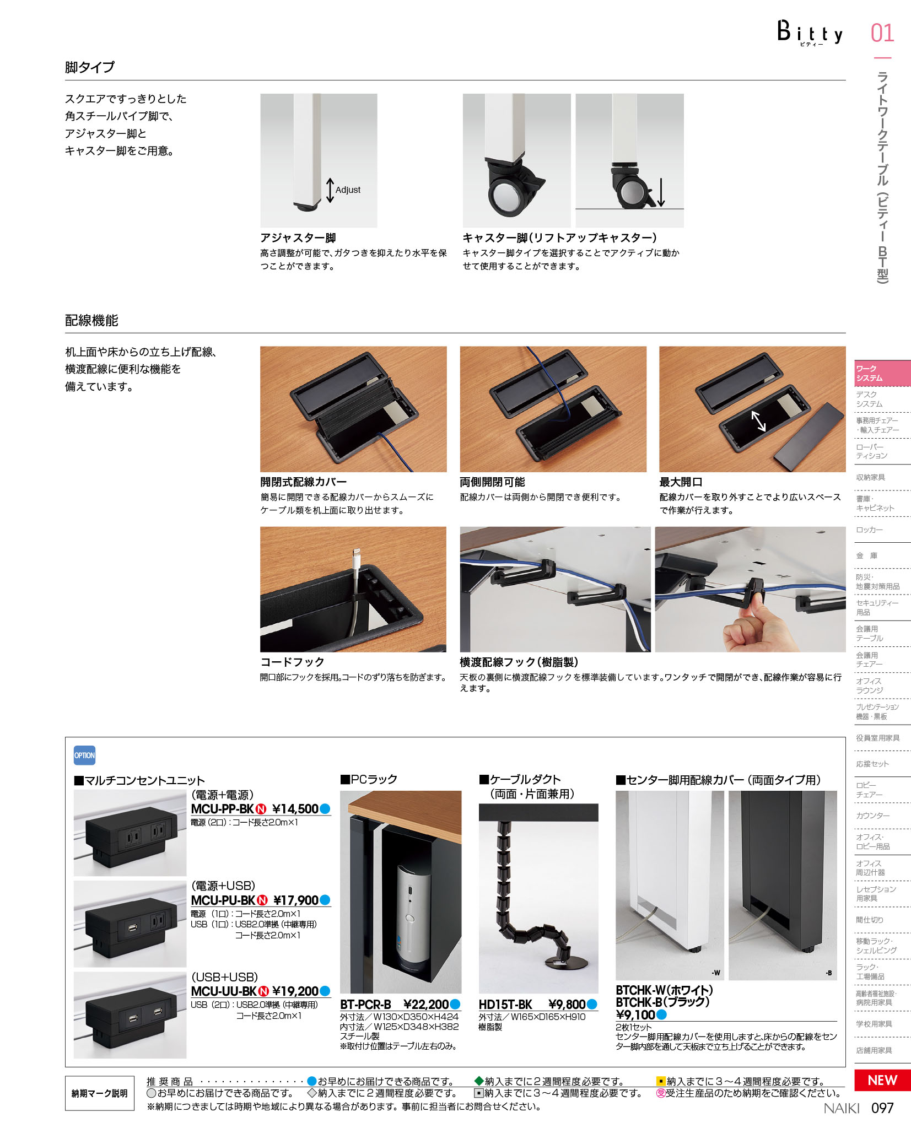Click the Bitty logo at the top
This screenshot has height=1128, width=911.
click(x=810, y=33)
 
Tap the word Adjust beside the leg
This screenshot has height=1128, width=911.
click(x=348, y=190)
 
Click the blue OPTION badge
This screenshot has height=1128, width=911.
click(x=84, y=755)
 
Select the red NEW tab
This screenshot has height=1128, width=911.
click(x=882, y=1080)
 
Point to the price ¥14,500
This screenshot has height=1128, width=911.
click(x=295, y=809)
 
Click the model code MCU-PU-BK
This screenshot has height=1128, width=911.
click(x=223, y=900)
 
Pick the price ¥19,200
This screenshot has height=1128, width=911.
click(x=295, y=991)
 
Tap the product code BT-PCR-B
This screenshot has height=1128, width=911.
click(x=365, y=1004)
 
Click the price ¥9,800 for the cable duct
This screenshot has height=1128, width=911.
click(x=567, y=1004)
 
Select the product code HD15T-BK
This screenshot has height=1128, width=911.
click(x=505, y=1004)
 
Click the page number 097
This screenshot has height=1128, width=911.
click(x=882, y=1108)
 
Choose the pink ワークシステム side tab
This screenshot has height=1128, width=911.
click(x=882, y=373)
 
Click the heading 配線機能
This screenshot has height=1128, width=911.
click(x=91, y=321)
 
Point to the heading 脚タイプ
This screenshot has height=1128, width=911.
click(x=90, y=67)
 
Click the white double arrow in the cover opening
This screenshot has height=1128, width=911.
click(x=758, y=422)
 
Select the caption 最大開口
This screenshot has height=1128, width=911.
click(x=681, y=482)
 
